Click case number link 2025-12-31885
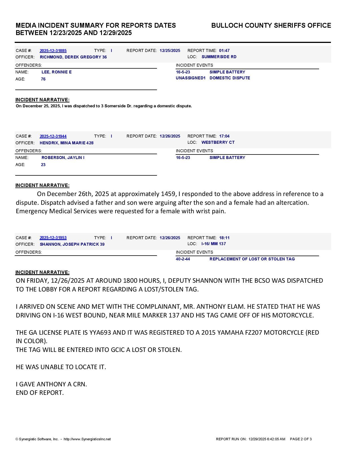pos(53,51)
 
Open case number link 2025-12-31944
pos(53,136)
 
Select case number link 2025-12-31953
pos(53,238)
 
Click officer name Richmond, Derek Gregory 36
pos(73,57)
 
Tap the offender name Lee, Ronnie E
pos(56,72)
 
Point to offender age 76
pos(43,79)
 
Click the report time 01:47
pos(224,51)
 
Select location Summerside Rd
pos(219,57)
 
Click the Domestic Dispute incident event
pos(230,78)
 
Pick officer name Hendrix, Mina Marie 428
pos(67,143)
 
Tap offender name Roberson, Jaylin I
pos(63,158)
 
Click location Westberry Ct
pos(218,142)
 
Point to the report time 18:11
pos(224,238)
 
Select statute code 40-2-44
pos(183,259)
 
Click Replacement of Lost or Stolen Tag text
pos(252,259)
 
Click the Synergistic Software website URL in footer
pos(87,439)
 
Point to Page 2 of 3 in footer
pos(301,439)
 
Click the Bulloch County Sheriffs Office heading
pos(271,25)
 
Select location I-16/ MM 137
pos(213,244)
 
